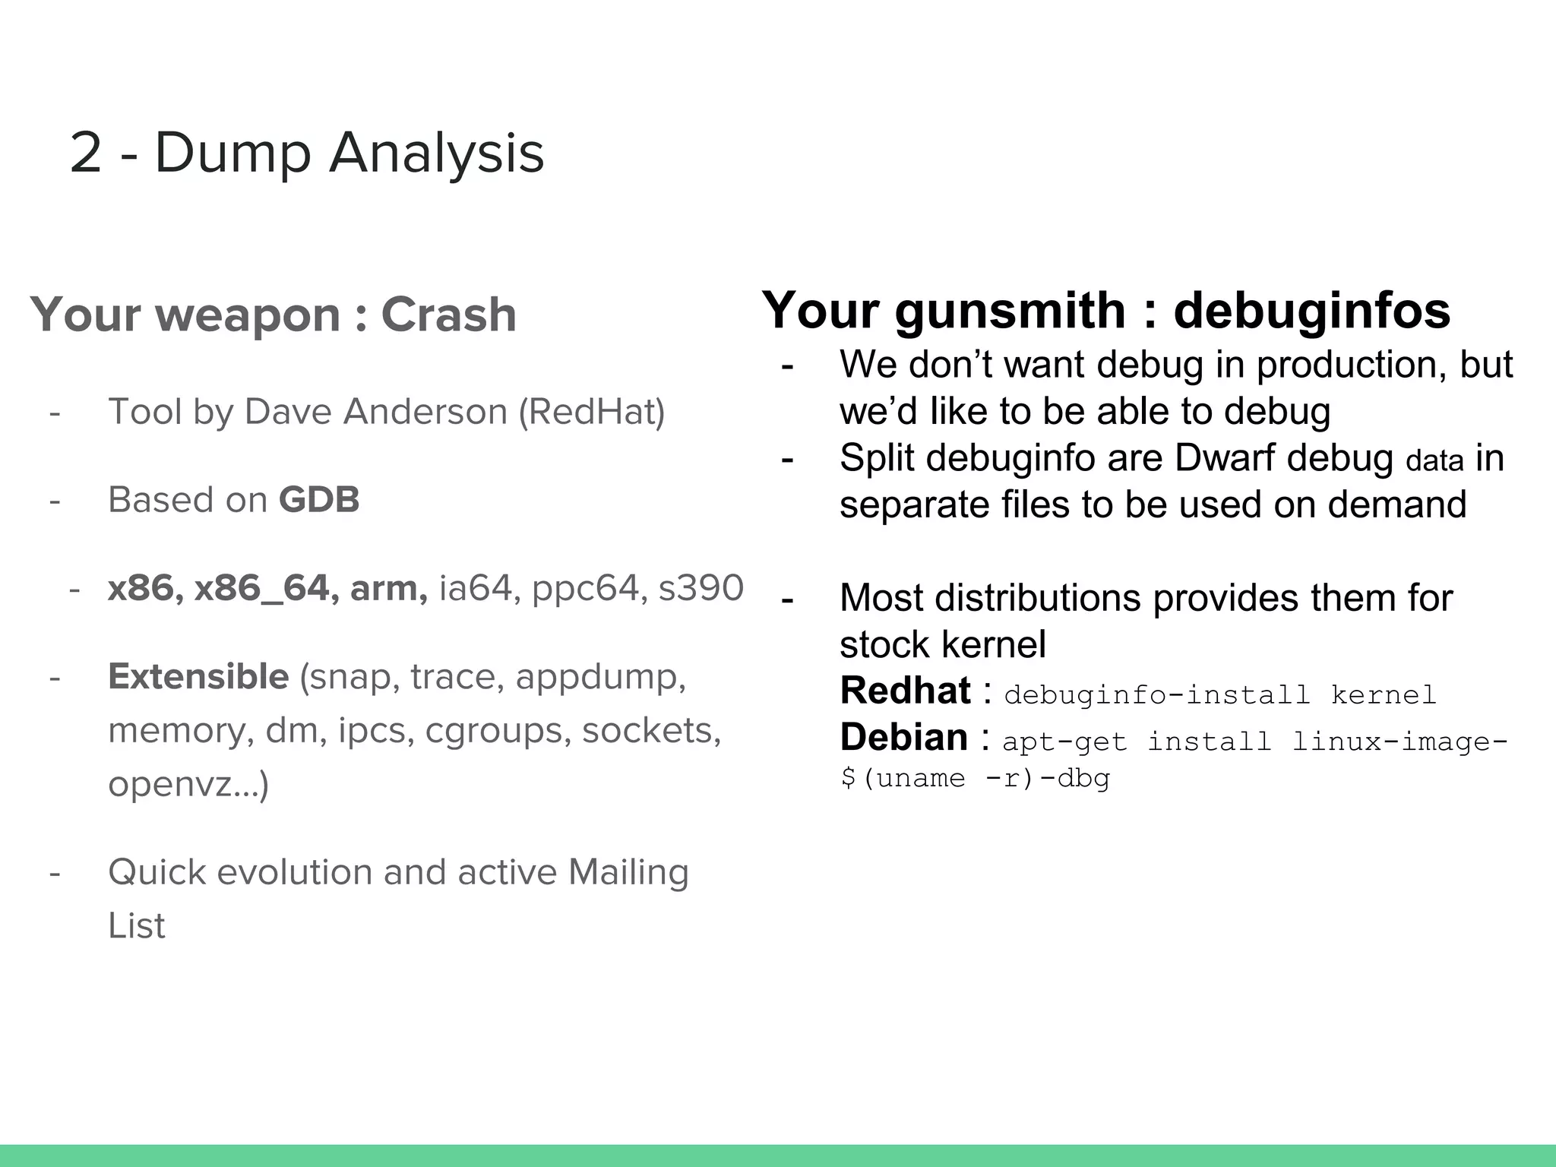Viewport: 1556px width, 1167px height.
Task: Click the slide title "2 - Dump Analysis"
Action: [x=307, y=152]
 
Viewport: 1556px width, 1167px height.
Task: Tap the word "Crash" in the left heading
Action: [x=448, y=315]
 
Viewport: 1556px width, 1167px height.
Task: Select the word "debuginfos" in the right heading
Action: [x=1311, y=311]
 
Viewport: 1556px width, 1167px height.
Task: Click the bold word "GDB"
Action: [x=319, y=500]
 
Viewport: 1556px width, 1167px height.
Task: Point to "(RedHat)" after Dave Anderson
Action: [x=592, y=412]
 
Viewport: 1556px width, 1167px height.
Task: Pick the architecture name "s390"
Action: [x=701, y=588]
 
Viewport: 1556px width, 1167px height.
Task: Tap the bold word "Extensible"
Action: [x=198, y=676]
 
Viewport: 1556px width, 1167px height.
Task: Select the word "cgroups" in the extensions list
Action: [x=497, y=730]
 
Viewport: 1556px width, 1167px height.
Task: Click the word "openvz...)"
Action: [x=188, y=783]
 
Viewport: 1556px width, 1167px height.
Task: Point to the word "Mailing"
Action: [x=628, y=872]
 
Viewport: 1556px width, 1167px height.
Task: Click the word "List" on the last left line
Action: [x=137, y=925]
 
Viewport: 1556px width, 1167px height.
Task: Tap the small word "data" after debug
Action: [x=1434, y=461]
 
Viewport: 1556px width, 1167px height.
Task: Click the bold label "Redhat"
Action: [x=905, y=691]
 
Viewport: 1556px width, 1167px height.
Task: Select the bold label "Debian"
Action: [x=903, y=737]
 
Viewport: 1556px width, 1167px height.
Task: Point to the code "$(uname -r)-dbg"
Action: [x=976, y=778]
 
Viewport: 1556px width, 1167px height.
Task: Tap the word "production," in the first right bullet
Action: [x=1351, y=365]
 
